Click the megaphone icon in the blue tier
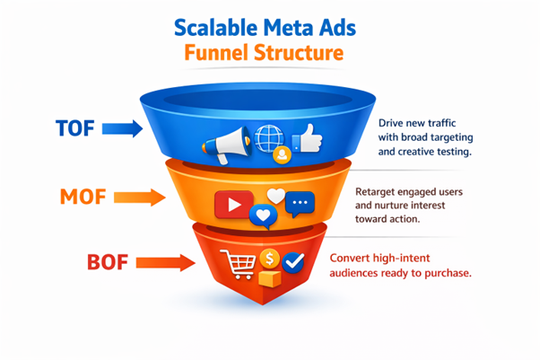point(226,145)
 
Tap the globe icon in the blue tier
point(268,138)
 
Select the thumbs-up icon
point(308,138)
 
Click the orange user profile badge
point(282,154)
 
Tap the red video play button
point(234,205)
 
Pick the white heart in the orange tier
point(276,197)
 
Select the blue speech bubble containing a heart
point(263,216)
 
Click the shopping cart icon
point(239,264)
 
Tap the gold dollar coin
point(270,259)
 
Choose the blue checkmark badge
point(293,263)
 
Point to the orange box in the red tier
point(270,278)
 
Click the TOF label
point(75,128)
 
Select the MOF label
point(83,197)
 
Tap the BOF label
point(108,262)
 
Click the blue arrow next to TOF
point(122,128)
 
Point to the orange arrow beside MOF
point(140,198)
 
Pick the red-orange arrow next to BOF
point(166,263)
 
